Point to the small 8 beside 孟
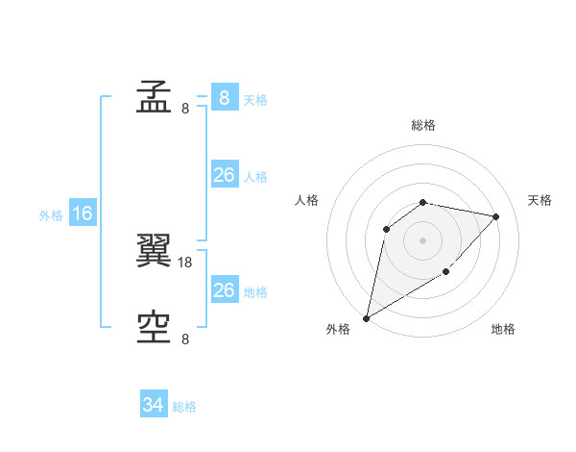[x=185, y=108]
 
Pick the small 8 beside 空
[x=185, y=339]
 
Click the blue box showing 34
[x=154, y=405]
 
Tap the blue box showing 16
[x=82, y=213]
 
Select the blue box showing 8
[x=224, y=97]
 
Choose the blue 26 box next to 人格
[x=224, y=175]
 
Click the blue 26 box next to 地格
[x=224, y=290]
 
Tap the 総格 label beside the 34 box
[x=184, y=407]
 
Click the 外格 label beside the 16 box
[x=51, y=215]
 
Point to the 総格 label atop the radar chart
[x=423, y=125]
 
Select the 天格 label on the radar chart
[x=540, y=200]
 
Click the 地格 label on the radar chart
[x=503, y=329]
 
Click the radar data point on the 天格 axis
[x=496, y=216]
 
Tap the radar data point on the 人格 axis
[x=386, y=229]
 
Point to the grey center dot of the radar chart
[x=423, y=240]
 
